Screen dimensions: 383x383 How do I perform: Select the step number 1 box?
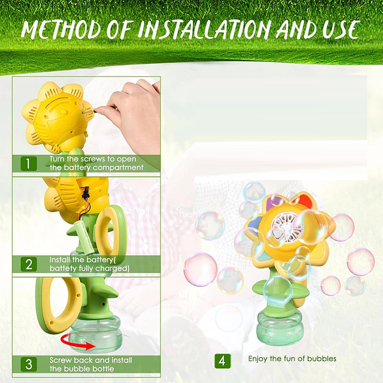(x=28, y=163)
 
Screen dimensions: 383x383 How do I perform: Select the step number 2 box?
(x=28, y=264)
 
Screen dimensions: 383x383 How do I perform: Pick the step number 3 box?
(x=28, y=363)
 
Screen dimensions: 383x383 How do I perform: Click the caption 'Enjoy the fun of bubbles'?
(x=292, y=359)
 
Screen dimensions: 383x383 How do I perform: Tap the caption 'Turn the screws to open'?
(x=93, y=159)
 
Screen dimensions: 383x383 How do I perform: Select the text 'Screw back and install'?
(x=90, y=360)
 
